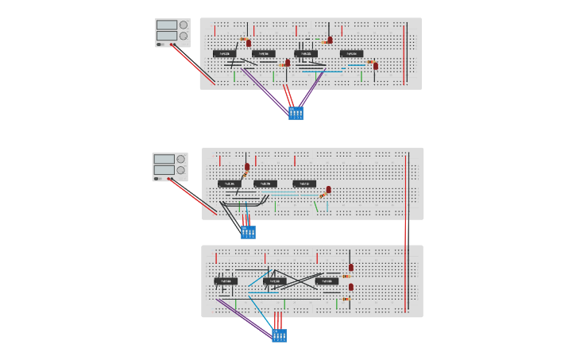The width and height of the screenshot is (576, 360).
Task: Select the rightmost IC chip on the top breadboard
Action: point(351,54)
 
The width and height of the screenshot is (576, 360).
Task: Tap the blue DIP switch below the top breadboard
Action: point(296,113)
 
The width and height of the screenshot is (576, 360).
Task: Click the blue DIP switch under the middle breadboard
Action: point(248,232)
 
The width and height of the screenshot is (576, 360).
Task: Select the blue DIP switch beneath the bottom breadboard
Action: point(279,335)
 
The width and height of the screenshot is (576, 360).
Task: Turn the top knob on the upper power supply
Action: point(184,25)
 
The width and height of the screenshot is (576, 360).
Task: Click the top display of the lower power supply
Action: point(164,159)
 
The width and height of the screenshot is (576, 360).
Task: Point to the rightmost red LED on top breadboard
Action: point(376,65)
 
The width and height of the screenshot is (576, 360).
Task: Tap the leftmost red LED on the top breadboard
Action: point(249,43)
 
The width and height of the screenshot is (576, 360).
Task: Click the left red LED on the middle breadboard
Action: point(247,167)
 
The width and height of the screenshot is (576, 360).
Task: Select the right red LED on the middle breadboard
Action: point(328,189)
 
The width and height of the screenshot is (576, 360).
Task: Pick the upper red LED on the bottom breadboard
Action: point(351,268)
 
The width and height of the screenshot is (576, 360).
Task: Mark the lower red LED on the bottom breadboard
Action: point(351,287)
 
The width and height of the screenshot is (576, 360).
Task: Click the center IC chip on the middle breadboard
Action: point(265,184)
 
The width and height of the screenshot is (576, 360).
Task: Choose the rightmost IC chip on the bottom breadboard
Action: point(327,281)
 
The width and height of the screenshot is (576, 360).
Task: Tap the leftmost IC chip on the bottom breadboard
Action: point(226,281)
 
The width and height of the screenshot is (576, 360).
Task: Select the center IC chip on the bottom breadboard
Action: point(274,281)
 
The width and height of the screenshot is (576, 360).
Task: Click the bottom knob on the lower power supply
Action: point(180,170)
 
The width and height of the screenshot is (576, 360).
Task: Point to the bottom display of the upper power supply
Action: point(167,36)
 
